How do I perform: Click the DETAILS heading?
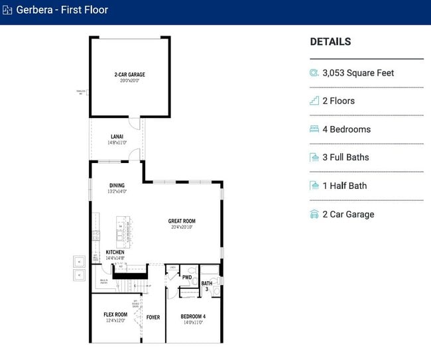tap(330, 42)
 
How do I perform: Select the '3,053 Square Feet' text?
tap(358, 73)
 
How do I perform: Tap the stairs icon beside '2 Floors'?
tap(314, 101)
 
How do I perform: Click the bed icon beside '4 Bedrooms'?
tap(314, 129)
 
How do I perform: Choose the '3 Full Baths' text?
tap(345, 157)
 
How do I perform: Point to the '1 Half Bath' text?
tap(344, 186)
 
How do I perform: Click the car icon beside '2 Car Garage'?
tap(314, 214)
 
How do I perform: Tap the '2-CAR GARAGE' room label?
tap(129, 74)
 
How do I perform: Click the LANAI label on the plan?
tap(117, 137)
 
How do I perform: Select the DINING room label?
tap(117, 186)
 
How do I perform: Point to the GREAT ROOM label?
tap(182, 221)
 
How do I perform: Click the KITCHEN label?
tap(115, 252)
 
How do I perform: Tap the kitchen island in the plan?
tap(123, 231)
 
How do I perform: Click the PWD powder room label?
tap(187, 278)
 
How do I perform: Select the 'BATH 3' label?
tap(207, 286)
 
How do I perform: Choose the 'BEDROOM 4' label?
tap(193, 317)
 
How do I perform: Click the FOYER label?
tap(153, 318)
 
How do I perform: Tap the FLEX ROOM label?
tap(115, 314)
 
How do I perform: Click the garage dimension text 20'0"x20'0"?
tap(129, 81)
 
